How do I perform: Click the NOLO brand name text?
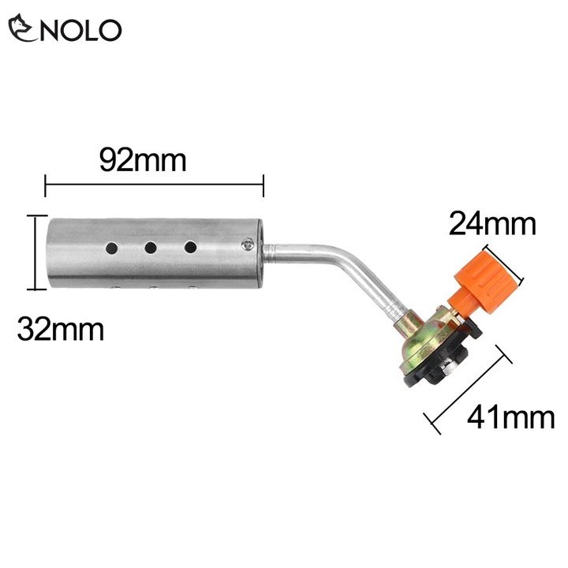pos(80,30)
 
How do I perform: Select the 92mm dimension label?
pos(143,160)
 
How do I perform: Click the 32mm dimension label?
pos(61,329)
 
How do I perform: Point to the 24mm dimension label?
pos(492,224)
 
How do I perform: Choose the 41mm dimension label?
pos(510,417)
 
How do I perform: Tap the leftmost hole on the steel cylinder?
pos(111,248)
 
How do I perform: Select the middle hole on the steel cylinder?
pos(151,248)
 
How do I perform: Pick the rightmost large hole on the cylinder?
pos(190,248)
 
